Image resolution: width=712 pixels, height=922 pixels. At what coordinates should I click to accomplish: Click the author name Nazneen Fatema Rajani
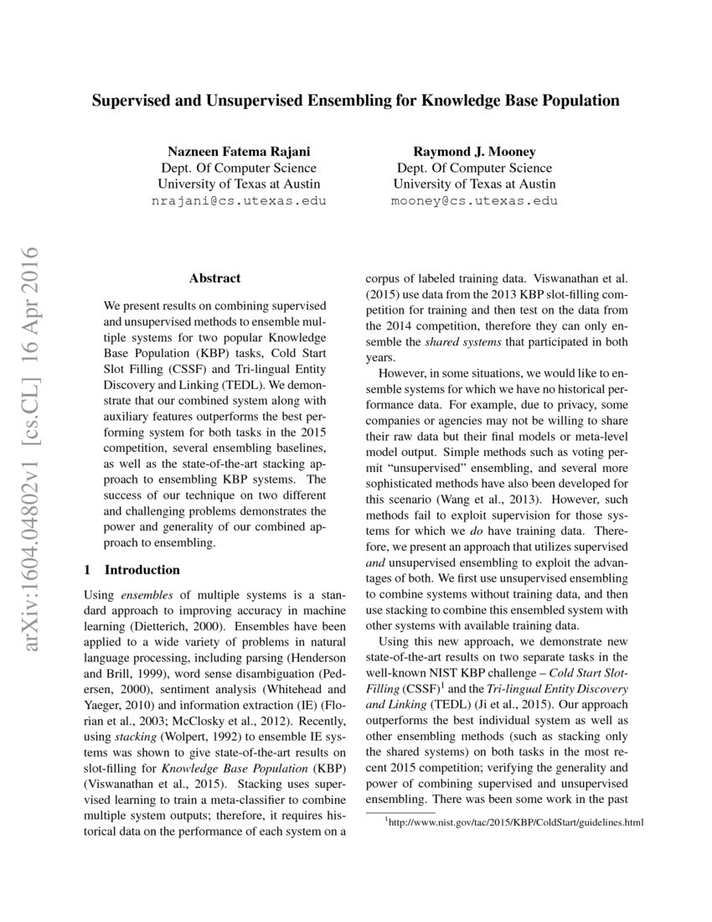239,151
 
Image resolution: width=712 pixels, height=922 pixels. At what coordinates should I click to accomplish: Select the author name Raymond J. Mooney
474,151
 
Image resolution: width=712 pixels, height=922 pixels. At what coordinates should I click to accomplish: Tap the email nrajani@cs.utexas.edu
239,201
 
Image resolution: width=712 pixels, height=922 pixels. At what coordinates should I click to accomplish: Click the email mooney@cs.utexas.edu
474,201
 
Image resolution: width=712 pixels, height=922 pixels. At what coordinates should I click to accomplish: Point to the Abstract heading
214,278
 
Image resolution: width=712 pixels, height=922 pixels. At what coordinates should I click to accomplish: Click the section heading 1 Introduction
132,570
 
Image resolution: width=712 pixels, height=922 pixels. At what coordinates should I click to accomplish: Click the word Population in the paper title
580,101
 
